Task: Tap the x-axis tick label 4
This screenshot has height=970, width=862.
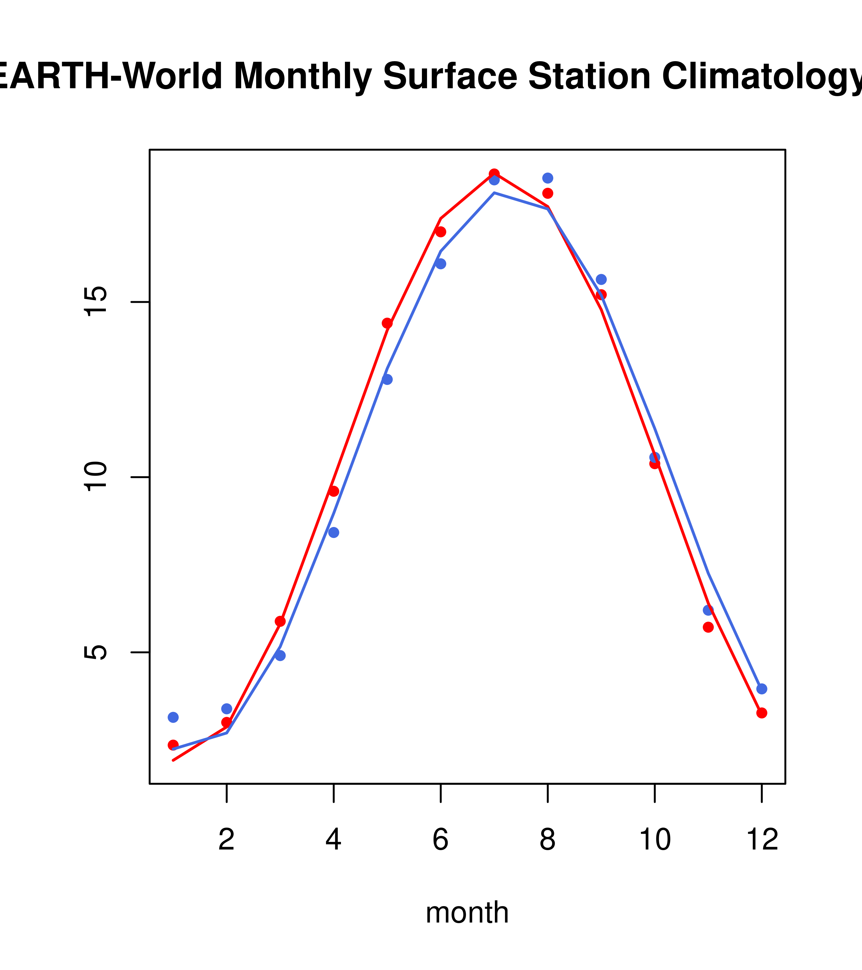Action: point(333,840)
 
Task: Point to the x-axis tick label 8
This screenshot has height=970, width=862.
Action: point(547,840)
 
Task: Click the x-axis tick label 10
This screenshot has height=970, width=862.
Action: point(655,840)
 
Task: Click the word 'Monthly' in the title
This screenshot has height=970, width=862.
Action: point(303,76)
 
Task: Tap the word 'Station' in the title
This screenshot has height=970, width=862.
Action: point(589,76)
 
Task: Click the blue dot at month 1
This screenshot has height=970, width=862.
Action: point(173,717)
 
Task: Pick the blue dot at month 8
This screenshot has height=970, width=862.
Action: point(547,178)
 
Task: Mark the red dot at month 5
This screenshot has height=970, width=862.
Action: point(387,323)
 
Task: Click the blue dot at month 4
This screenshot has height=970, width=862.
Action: point(333,532)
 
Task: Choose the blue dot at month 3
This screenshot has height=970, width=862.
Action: point(280,655)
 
